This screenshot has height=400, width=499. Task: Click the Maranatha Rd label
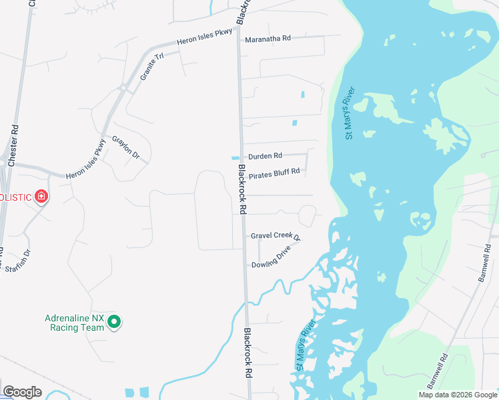pos(268,39)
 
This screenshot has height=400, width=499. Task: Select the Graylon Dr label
pos(125,148)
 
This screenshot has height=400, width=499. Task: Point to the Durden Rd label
pos(265,156)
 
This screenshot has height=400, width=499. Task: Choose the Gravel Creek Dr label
pos(276,236)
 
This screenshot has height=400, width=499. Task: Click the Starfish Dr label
pos(19,261)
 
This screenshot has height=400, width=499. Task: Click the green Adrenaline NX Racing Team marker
pos(114,322)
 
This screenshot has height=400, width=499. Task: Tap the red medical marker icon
pos(41,196)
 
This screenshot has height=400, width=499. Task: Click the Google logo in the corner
pos(22,392)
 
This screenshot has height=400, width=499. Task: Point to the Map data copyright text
pos(458,395)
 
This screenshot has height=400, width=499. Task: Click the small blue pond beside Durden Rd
pos(235,158)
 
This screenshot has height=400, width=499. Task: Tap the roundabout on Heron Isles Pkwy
pos(123,87)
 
